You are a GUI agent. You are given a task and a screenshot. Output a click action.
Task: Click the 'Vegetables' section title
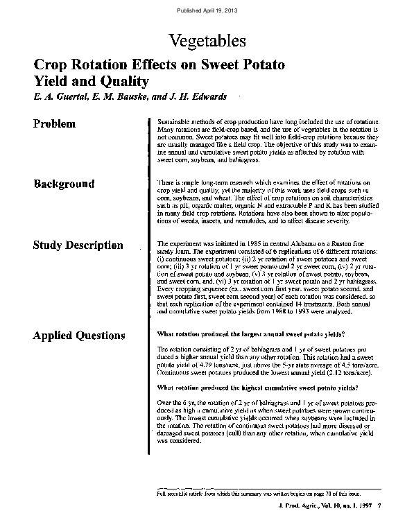[207, 40]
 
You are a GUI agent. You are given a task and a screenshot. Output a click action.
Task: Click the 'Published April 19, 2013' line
[207, 10]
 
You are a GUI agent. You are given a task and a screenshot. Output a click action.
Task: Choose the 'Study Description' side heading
[78, 245]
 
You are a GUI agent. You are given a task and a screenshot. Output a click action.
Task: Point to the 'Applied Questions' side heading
[79, 336]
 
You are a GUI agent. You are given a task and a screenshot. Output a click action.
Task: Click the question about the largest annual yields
[251, 334]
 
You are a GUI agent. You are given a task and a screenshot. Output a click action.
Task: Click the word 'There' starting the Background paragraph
[166, 182]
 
